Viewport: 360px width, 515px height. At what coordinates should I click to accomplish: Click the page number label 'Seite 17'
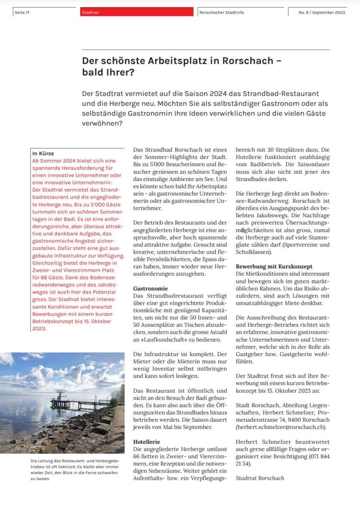tap(22, 12)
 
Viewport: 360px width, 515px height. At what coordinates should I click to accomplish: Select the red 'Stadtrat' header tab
tap(91, 12)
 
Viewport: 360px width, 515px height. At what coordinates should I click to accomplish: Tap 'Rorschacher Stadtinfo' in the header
tap(222, 12)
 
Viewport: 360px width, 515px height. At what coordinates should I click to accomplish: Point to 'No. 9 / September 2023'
tap(321, 12)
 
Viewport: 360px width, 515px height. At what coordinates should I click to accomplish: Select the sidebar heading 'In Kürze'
tap(43, 153)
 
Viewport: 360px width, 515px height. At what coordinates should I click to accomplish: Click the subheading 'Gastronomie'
tap(150, 289)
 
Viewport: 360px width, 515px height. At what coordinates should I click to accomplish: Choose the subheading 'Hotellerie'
tap(146, 441)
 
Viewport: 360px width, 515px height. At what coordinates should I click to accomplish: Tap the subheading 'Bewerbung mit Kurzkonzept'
tap(274, 267)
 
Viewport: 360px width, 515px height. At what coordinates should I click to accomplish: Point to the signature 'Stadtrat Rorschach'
tap(260, 478)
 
